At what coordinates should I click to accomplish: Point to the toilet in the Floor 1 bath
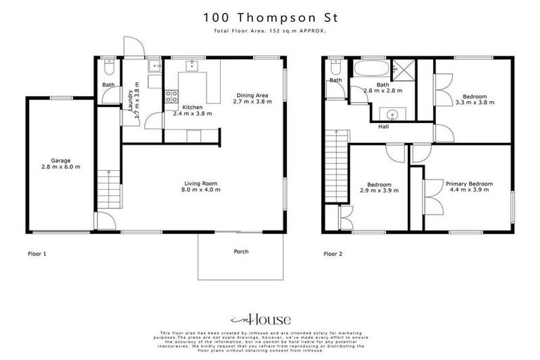point(106,69)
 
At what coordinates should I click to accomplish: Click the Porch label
point(240,251)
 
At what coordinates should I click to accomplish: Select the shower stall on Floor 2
point(401,69)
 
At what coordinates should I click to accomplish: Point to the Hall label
point(384,127)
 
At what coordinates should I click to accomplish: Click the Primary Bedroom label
point(468,184)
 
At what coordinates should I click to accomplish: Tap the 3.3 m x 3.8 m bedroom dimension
point(475,103)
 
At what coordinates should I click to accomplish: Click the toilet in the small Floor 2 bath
point(335,68)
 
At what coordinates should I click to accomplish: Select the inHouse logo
point(269,316)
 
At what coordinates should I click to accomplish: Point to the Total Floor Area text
point(269,32)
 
